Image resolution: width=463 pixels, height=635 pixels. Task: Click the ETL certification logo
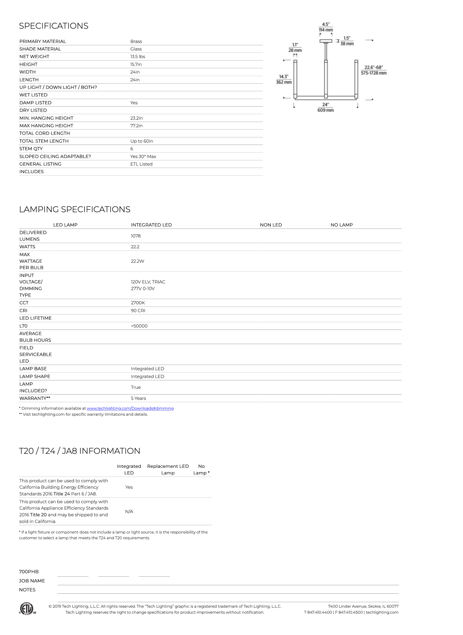[27, 609]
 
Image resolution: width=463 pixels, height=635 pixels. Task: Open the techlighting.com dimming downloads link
[130, 408]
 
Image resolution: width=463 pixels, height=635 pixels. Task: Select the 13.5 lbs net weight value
[138, 57]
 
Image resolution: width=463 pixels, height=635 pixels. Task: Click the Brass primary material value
[136, 41]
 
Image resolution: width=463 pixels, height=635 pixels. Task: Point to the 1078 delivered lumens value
[136, 236]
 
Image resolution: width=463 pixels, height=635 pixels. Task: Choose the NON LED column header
[271, 225]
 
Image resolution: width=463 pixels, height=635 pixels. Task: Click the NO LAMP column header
[341, 225]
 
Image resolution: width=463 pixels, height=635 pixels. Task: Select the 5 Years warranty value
[138, 398]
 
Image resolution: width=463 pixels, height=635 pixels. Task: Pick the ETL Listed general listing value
[141, 164]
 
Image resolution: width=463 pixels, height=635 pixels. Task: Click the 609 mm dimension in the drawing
[325, 110]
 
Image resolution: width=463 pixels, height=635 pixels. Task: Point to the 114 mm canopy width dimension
[326, 30]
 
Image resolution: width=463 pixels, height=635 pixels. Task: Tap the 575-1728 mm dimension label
[373, 73]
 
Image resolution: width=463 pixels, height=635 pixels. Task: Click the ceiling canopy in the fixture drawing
[326, 41]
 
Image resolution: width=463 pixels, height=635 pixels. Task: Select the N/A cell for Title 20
[129, 512]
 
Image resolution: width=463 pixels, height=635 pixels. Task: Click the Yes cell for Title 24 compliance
[129, 487]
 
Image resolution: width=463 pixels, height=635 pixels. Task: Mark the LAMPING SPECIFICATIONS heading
[74, 209]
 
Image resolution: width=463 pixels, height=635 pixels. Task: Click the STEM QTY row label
[31, 149]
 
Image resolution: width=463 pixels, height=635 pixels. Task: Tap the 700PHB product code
[29, 572]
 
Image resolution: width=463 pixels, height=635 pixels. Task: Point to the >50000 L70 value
[139, 326]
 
